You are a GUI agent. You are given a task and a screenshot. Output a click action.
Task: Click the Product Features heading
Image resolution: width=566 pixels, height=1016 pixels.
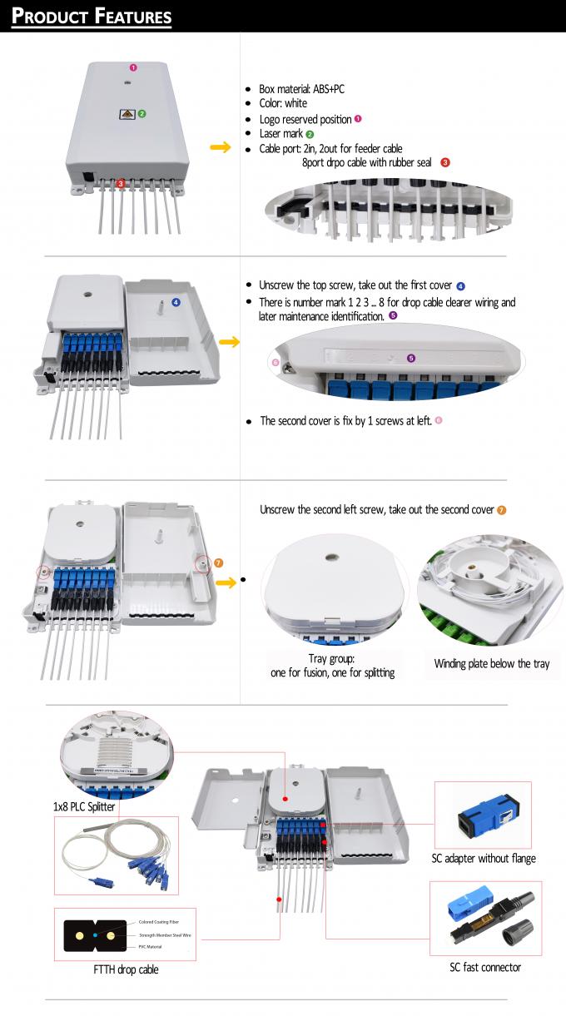pos(92,16)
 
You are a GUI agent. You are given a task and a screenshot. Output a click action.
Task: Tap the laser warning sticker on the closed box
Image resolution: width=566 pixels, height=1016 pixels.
pos(127,114)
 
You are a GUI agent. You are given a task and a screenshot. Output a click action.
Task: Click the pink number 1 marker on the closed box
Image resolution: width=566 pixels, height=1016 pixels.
pos(132,67)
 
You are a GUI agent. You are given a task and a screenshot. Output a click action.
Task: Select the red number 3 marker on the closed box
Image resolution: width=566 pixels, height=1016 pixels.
pos(121,182)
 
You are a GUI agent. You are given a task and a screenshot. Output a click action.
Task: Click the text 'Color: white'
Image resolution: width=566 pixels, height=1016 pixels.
pos(283,104)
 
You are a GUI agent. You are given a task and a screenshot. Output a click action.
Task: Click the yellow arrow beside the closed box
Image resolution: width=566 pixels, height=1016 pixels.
pos(220,148)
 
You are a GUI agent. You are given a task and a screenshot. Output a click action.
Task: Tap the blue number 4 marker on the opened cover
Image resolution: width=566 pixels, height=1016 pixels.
pos(176,302)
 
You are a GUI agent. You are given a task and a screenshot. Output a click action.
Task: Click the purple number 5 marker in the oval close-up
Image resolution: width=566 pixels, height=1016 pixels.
pos(410,358)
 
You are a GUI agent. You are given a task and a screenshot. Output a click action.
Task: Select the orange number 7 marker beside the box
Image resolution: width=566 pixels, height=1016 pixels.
pos(219,563)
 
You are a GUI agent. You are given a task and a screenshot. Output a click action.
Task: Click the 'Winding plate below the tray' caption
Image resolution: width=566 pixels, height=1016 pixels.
pos(491,664)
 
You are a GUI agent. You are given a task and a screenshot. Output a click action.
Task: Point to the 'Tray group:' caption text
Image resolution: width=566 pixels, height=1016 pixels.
pos(333,658)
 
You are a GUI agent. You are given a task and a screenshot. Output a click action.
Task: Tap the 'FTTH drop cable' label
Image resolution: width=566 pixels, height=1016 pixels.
pos(126,969)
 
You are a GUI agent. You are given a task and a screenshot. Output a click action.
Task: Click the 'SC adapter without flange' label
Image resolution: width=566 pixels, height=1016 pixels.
pos(483,858)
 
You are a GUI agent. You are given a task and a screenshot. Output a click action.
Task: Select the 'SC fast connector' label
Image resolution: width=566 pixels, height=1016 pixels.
pos(484,967)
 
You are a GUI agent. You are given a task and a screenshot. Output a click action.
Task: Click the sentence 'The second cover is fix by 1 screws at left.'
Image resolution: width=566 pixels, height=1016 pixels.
pos(345,421)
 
